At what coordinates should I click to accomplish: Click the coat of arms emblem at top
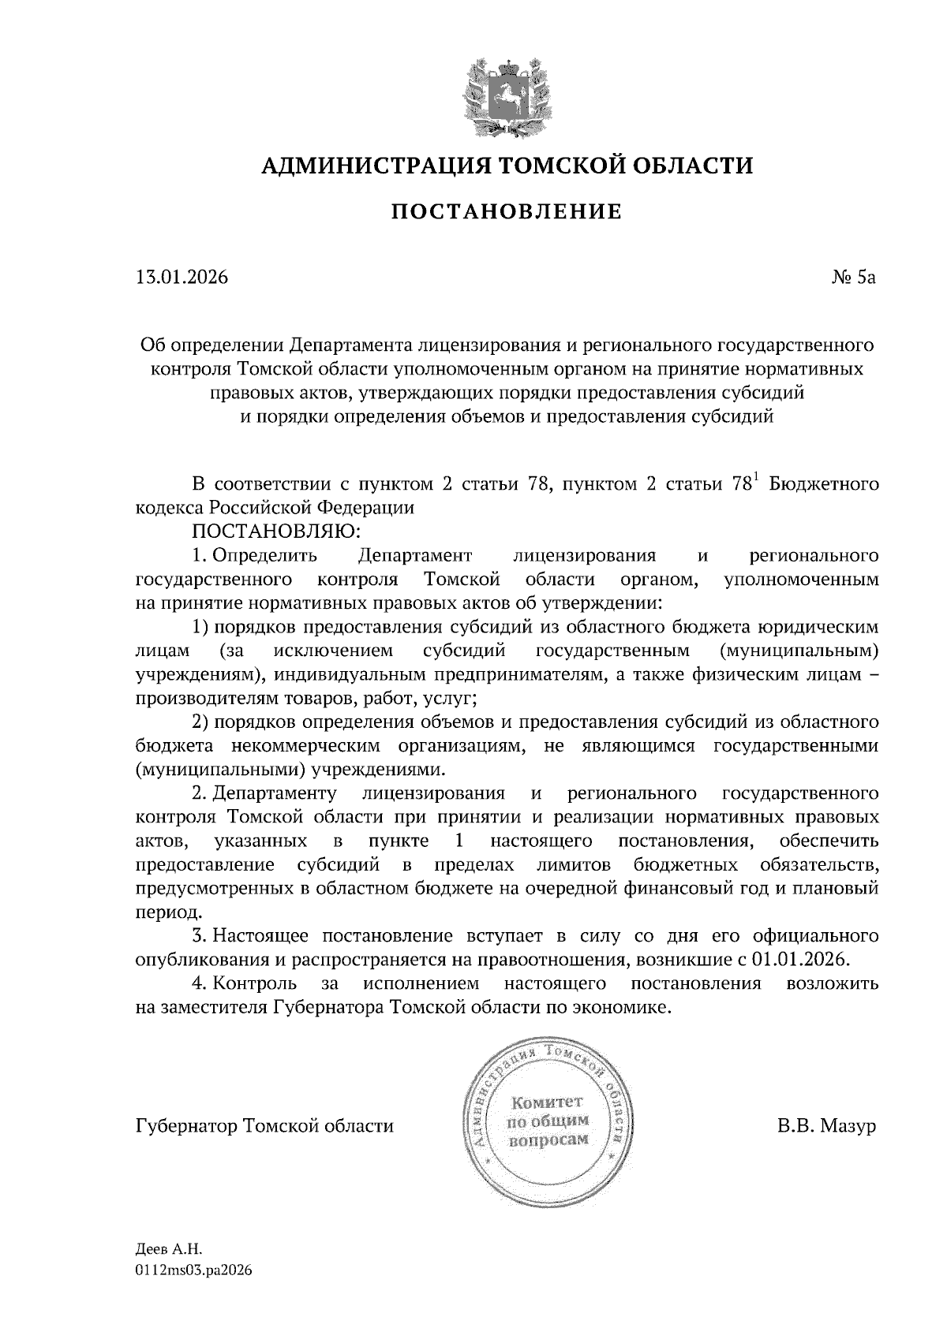pyautogui.click(x=506, y=95)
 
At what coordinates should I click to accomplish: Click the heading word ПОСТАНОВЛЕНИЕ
pyautogui.click(x=507, y=211)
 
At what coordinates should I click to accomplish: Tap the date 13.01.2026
pyautogui.click(x=182, y=278)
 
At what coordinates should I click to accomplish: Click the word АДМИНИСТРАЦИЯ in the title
pyautogui.click(x=368, y=165)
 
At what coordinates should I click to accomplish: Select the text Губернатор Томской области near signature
pyautogui.click(x=264, y=1125)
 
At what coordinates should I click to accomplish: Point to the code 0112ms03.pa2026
pyautogui.click(x=194, y=1270)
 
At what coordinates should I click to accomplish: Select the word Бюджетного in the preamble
pyautogui.click(x=824, y=484)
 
